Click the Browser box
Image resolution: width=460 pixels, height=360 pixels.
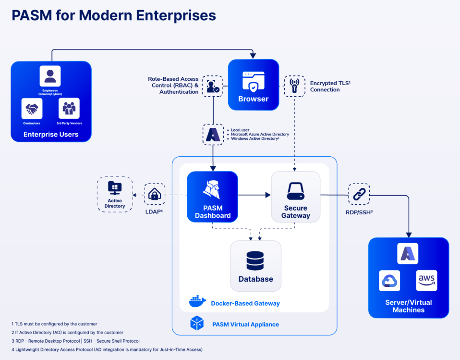tap(254, 85)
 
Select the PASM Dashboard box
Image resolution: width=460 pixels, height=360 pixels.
tap(212, 197)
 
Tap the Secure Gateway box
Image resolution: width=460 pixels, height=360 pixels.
tap(296, 197)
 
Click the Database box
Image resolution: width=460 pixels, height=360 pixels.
tap(256, 266)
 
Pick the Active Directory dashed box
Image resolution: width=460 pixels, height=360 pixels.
tap(115, 194)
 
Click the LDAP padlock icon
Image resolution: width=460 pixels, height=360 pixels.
tap(155, 194)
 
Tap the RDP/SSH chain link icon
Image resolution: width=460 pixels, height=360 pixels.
tap(359, 194)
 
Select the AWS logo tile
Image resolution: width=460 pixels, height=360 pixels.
tap(426, 280)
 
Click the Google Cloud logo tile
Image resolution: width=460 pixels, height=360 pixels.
tap(389, 281)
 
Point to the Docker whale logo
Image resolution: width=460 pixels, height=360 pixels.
tap(197, 301)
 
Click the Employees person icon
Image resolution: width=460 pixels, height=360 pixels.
tap(50, 76)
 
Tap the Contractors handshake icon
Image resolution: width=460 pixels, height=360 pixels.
tap(32, 108)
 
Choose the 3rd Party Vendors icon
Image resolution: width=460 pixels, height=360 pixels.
tap(69, 108)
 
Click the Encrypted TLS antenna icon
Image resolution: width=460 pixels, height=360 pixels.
tap(294, 86)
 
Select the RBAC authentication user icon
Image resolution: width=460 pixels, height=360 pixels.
tap(213, 86)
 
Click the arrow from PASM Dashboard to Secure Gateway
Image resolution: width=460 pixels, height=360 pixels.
tap(254, 195)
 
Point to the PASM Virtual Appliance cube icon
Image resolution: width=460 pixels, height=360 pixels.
tap(197, 323)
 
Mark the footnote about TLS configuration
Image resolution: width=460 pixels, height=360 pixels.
tap(54, 324)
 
